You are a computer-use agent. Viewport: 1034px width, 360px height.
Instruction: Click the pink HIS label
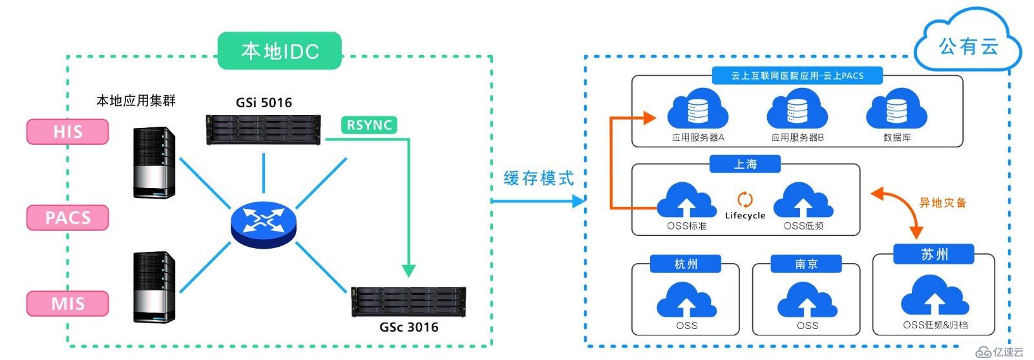pyautogui.click(x=67, y=132)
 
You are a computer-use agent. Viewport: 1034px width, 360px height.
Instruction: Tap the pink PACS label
pyautogui.click(x=67, y=218)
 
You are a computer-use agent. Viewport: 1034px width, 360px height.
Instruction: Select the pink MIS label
pyautogui.click(x=67, y=303)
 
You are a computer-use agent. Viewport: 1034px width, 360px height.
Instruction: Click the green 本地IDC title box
pyautogui.click(x=280, y=51)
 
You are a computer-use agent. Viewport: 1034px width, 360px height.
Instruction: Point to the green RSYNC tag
pyautogui.click(x=369, y=125)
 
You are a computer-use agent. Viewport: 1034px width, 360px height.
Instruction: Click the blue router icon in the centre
pyautogui.click(x=263, y=222)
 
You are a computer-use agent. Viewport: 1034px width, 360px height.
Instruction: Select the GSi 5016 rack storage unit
pyautogui.click(x=263, y=129)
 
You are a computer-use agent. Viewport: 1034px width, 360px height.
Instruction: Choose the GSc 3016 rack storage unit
pyautogui.click(x=408, y=302)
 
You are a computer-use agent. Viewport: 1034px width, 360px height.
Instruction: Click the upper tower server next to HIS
pyautogui.click(x=154, y=162)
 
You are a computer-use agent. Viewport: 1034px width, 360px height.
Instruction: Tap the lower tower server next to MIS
pyautogui.click(x=154, y=287)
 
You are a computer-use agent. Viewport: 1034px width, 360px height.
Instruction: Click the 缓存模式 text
pyautogui.click(x=538, y=178)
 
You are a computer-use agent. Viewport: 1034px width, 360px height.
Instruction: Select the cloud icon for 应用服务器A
pyautogui.click(x=697, y=111)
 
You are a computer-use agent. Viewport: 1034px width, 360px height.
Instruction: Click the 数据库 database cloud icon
pyautogui.click(x=896, y=111)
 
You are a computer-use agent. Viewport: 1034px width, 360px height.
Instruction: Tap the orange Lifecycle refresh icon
pyautogui.click(x=744, y=200)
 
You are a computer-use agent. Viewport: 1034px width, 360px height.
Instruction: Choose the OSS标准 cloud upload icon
pyautogui.click(x=686, y=200)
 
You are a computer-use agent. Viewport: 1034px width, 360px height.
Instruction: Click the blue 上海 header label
pyautogui.click(x=744, y=164)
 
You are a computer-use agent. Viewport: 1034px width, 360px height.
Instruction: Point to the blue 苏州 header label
pyautogui.click(x=934, y=254)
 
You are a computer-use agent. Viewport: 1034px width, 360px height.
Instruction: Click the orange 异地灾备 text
pyautogui.click(x=943, y=202)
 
